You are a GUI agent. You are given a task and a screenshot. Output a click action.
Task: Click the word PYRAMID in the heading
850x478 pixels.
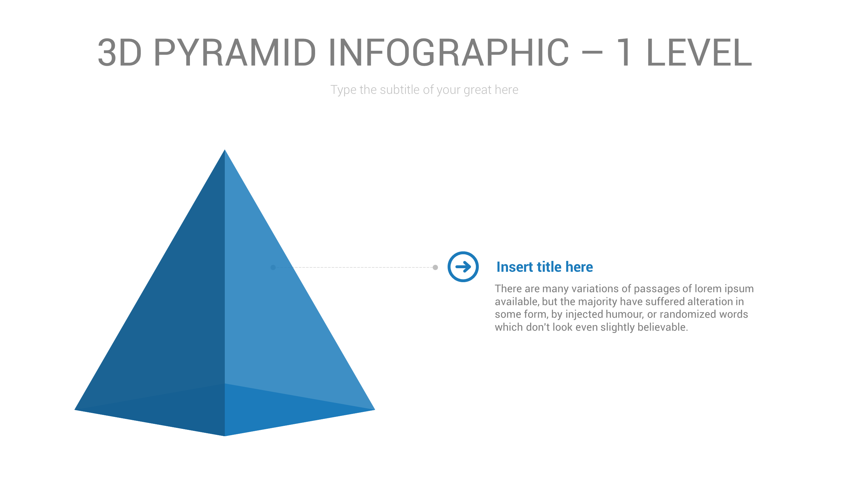[x=235, y=52]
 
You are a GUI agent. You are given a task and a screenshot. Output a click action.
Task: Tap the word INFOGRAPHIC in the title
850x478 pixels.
[x=449, y=52]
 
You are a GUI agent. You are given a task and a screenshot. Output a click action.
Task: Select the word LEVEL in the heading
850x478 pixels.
[x=699, y=52]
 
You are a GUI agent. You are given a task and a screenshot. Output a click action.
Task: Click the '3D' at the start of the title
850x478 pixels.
[x=120, y=52]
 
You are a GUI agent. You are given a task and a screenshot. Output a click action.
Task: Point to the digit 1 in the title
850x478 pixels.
[x=624, y=52]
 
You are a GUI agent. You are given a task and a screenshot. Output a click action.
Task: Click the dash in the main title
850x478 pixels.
[x=592, y=52]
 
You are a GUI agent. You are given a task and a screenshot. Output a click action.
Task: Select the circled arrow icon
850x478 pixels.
[x=463, y=267]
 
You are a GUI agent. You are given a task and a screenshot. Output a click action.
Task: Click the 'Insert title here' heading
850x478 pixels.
[x=545, y=267]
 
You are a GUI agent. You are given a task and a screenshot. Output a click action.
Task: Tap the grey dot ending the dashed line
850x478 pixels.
[x=435, y=267]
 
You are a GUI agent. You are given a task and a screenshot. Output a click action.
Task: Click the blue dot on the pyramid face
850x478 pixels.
[x=273, y=267]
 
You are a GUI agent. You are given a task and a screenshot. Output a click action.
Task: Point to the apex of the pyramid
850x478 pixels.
[x=225, y=151]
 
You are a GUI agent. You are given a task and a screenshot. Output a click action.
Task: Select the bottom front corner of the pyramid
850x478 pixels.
[x=225, y=435]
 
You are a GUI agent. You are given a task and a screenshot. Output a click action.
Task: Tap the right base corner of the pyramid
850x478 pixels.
[x=374, y=410]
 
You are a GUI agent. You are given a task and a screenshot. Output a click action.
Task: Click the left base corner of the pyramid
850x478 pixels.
[x=76, y=410]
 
